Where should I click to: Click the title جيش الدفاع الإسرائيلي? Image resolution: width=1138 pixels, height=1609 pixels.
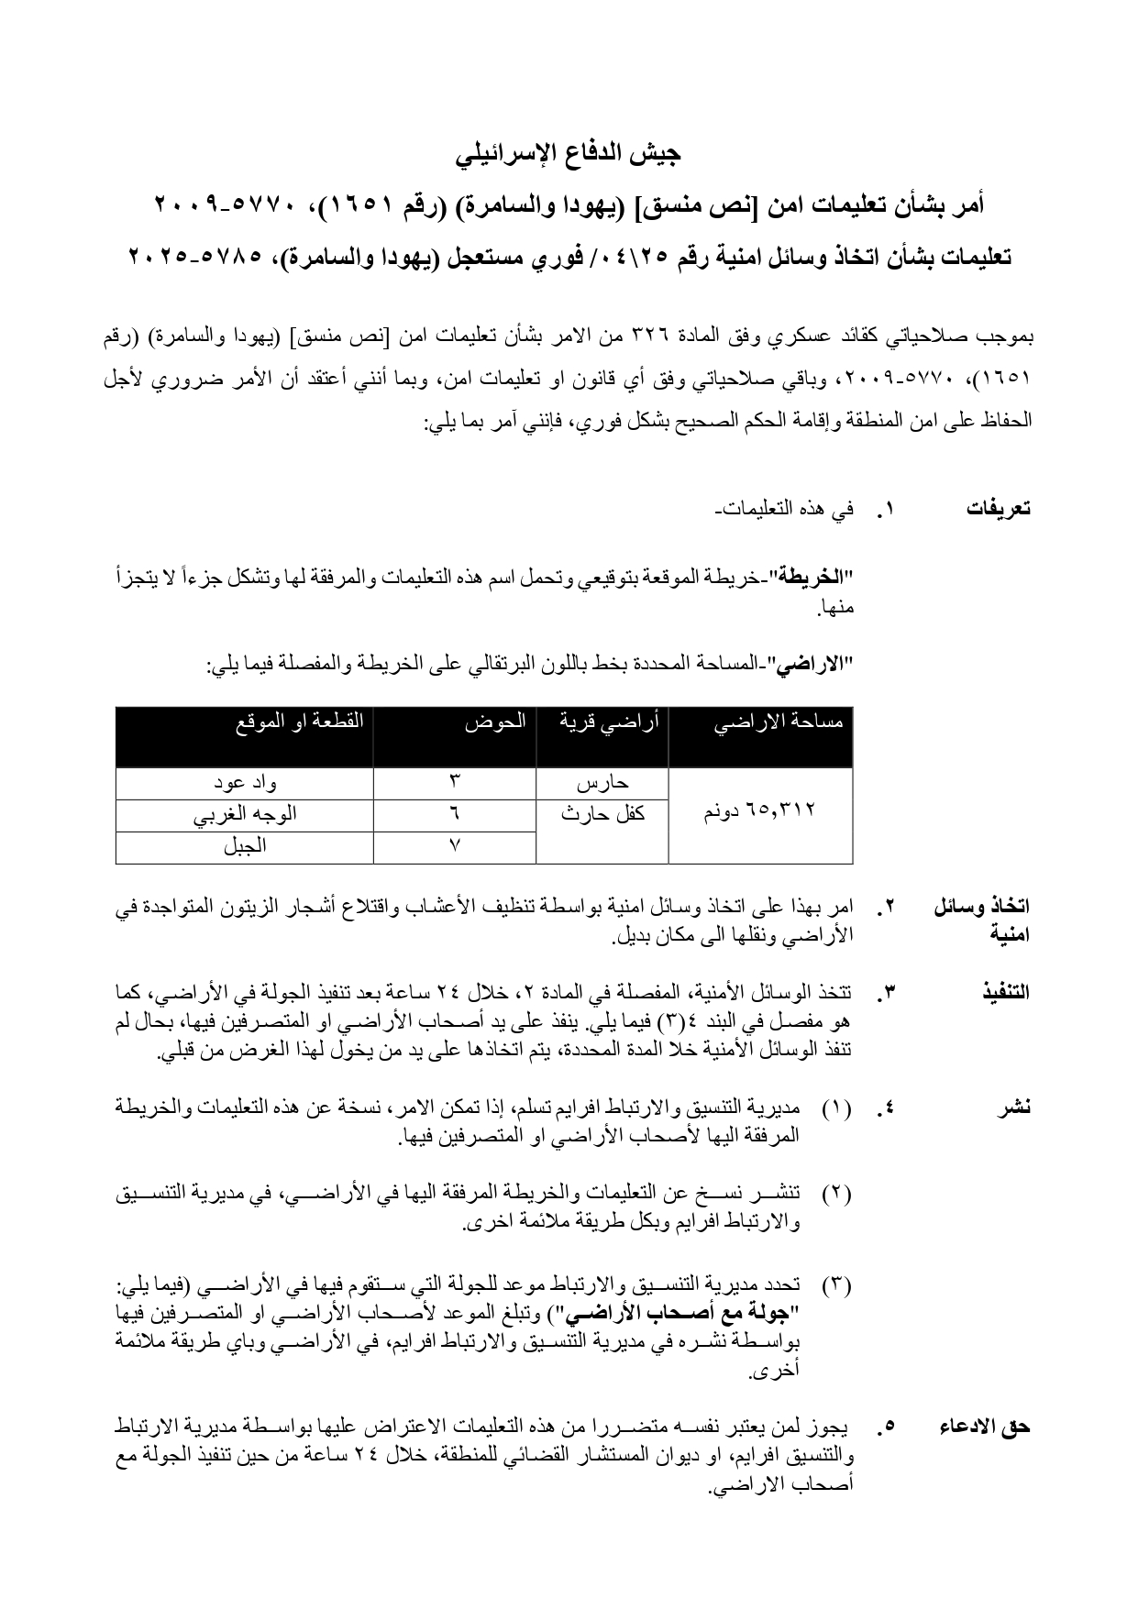point(569,153)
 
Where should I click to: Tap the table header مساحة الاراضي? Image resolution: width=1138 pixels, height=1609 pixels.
point(779,722)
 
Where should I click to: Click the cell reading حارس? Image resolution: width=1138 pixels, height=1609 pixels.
point(602,784)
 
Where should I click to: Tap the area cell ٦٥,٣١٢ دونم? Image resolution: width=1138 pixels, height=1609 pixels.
point(760,811)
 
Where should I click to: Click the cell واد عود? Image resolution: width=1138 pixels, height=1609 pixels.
point(245,784)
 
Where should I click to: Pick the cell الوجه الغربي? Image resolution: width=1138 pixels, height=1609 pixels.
point(245,815)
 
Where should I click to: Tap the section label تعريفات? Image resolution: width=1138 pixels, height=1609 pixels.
point(998,510)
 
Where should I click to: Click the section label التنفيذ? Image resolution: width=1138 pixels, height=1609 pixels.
point(1005,993)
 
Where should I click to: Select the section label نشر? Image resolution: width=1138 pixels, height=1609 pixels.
point(1015,1108)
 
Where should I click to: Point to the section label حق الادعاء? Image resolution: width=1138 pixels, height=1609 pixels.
point(985,1453)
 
